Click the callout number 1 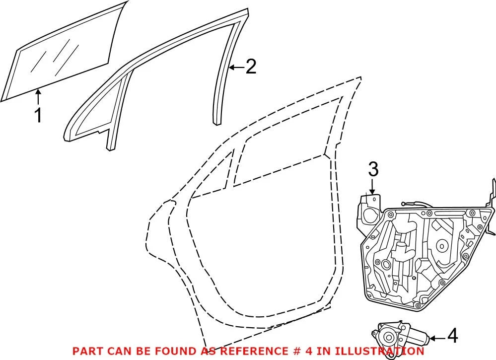tap(38, 116)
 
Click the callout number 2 tap(251, 67)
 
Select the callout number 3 tap(373, 169)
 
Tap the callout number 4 tap(453, 336)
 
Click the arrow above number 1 tap(38, 97)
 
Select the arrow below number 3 tap(372, 186)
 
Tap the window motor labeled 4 tap(400, 338)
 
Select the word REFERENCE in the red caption tap(254, 351)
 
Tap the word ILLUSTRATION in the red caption tap(379, 351)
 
